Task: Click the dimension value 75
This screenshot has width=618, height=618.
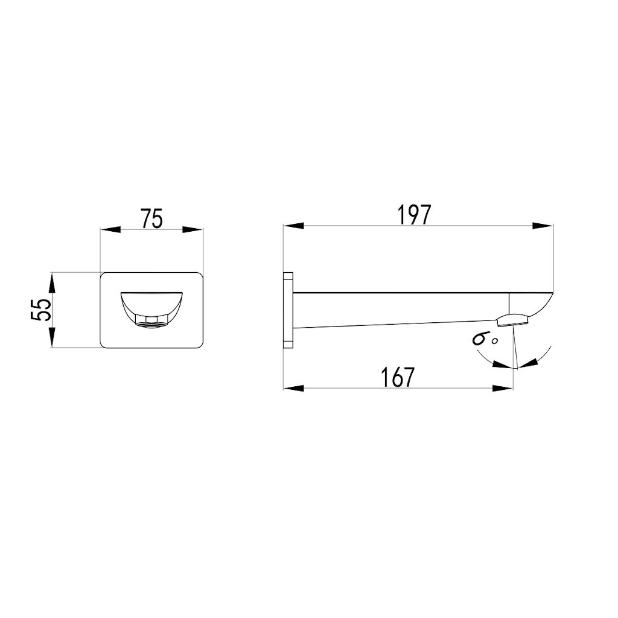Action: point(152,219)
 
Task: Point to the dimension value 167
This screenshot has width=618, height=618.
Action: point(398,377)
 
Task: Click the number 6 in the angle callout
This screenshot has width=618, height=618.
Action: point(481,338)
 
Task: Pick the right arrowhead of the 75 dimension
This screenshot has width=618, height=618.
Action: point(193,229)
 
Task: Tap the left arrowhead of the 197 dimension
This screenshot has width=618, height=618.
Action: point(292,226)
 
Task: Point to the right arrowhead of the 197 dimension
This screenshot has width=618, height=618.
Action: point(543,226)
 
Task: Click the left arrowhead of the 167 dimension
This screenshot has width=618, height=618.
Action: point(292,387)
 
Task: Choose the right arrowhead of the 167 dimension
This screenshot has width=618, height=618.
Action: point(503,387)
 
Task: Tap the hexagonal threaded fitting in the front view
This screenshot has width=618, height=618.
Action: point(151,319)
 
